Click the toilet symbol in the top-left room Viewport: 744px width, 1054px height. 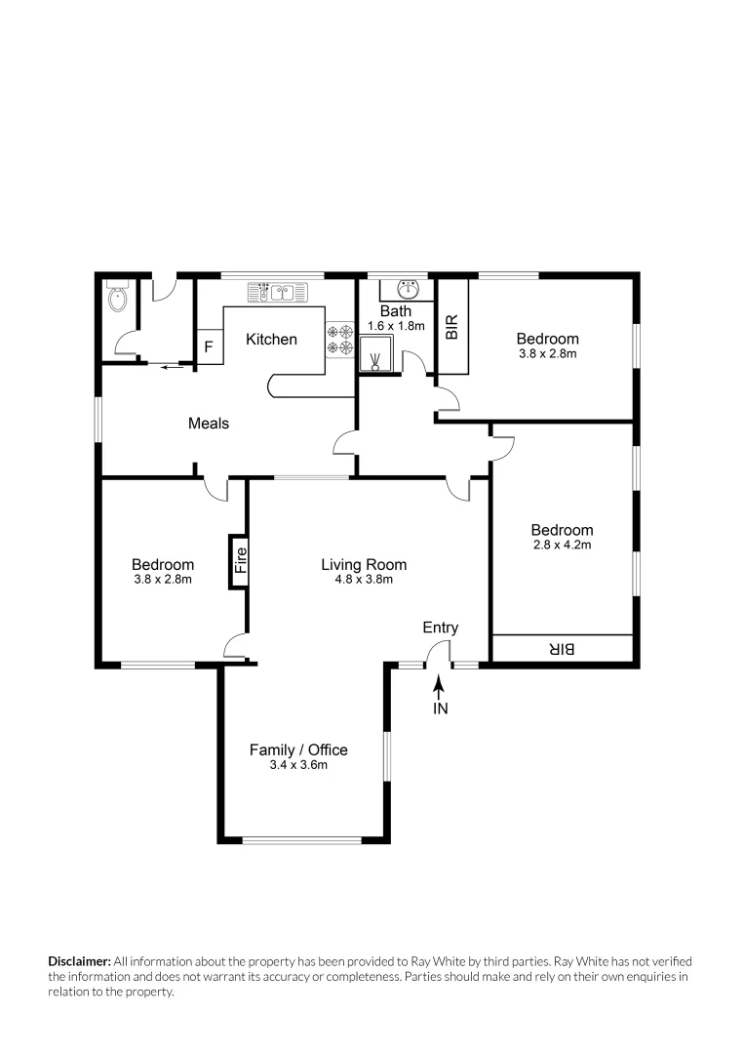(117, 298)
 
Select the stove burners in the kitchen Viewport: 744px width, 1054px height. (339, 339)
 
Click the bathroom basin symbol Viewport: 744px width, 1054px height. (410, 290)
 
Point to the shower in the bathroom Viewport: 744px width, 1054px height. (376, 356)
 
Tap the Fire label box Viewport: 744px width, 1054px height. (239, 561)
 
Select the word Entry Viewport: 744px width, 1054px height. (440, 628)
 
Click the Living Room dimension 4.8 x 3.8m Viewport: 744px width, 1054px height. (364, 579)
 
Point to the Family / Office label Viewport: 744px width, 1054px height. (298, 750)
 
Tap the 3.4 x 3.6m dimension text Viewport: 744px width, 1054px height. (298, 765)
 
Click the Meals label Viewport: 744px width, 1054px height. (209, 423)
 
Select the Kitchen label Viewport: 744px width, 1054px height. (271, 339)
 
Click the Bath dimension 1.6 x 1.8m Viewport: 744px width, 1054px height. (396, 326)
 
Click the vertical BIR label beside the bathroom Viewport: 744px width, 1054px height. (450, 326)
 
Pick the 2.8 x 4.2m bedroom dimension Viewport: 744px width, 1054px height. (562, 545)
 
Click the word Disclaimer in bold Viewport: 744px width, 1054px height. (80, 961)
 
